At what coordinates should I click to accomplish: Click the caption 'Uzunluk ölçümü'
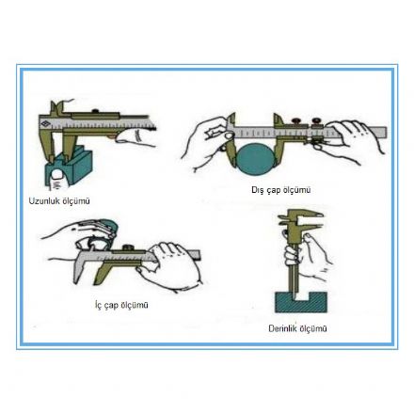59,201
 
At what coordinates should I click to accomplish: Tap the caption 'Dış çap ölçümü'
281,190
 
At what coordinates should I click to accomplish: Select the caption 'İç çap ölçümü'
121,305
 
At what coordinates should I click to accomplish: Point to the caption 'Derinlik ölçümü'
297,328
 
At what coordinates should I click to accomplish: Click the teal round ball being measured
256,159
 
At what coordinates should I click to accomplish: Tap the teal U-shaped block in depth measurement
301,302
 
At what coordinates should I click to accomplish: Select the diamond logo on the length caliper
46,123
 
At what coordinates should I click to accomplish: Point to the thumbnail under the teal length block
58,175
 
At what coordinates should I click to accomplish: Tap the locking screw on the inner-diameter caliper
128,247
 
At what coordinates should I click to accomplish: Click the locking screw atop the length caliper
96,111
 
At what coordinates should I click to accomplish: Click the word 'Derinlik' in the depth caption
282,328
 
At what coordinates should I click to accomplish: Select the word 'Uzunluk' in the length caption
44,201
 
